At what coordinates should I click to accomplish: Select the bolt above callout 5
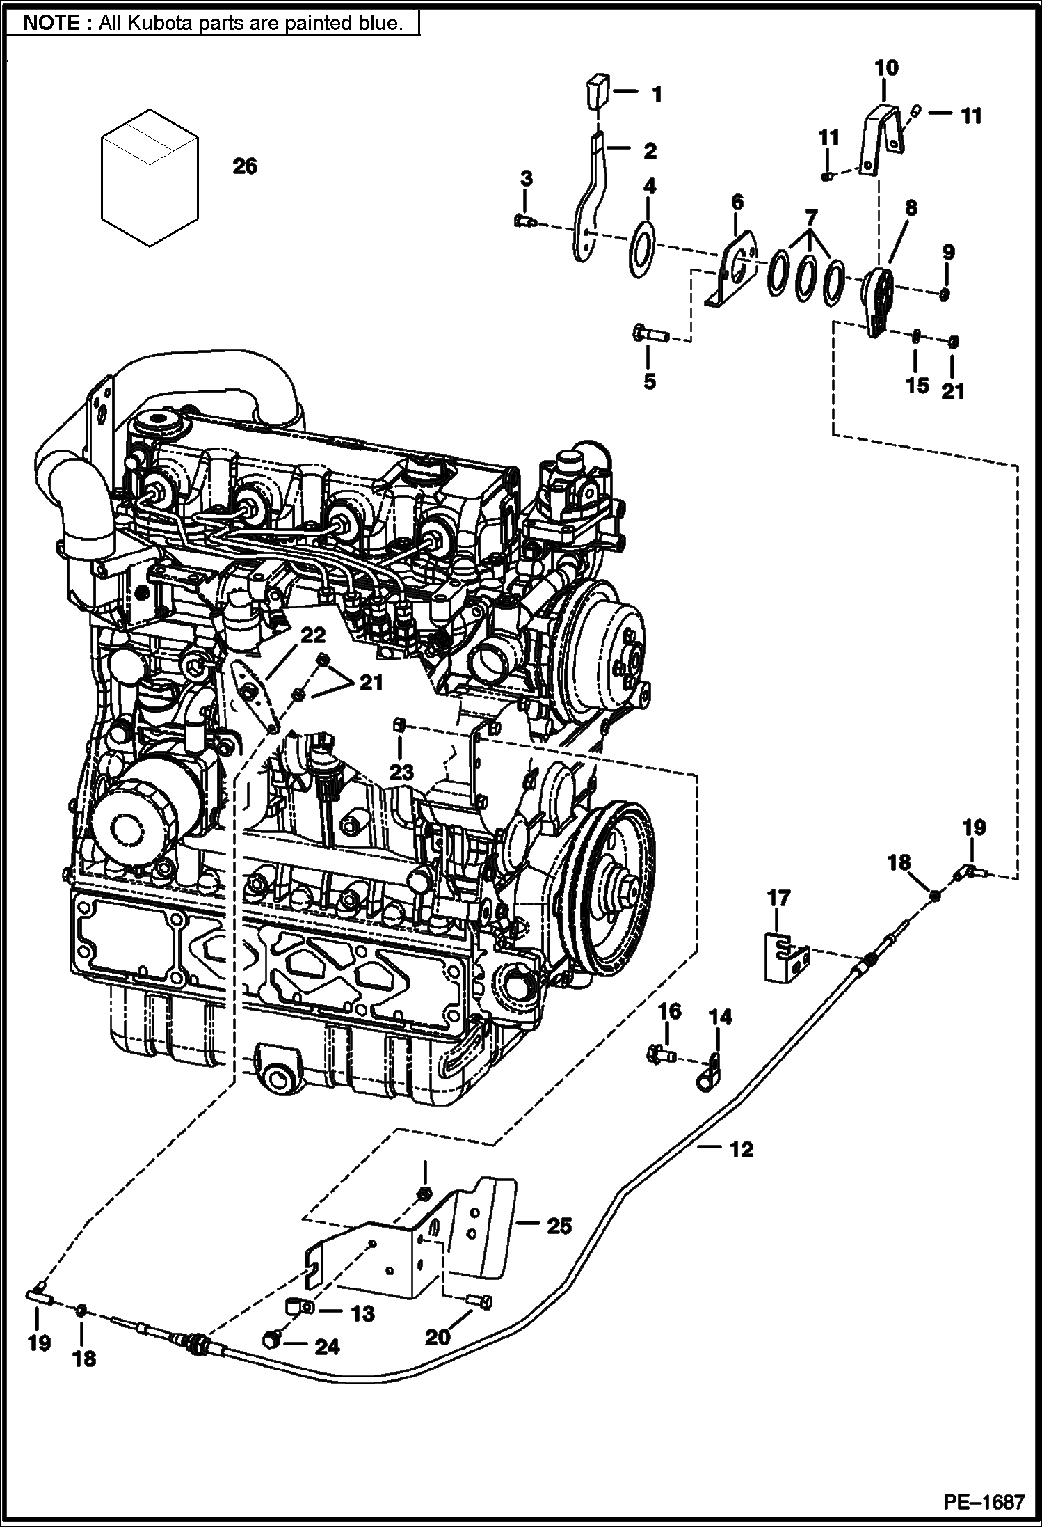[x=650, y=335]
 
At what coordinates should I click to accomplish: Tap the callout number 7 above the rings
[x=810, y=217]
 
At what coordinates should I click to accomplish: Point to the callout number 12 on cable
[x=742, y=1149]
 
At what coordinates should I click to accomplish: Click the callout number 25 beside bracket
[x=559, y=1225]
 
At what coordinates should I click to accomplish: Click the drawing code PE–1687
[x=984, y=1501]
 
